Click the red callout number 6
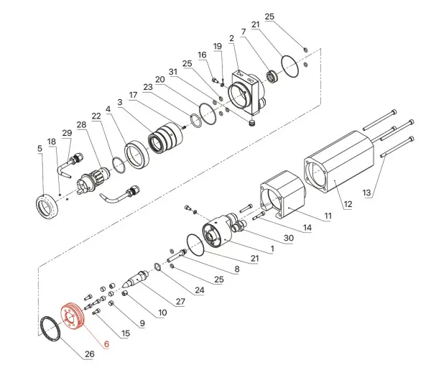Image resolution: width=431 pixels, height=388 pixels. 106,344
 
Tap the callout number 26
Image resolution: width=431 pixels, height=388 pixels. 89,354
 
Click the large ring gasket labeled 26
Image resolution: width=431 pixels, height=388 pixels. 50,329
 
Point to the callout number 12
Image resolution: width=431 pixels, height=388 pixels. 348,204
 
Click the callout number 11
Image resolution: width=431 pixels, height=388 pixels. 328,216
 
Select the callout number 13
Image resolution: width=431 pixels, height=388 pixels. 367,193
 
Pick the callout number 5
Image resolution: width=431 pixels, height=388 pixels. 40,149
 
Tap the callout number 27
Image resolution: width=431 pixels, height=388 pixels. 180,302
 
